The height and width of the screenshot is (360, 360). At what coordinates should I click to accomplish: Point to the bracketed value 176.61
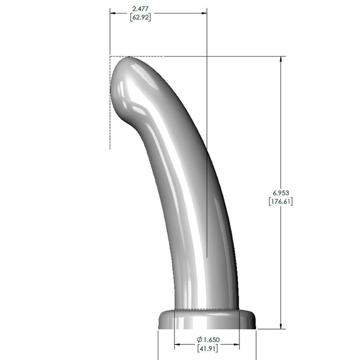point(281,201)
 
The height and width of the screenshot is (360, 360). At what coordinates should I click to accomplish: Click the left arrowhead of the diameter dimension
point(178,344)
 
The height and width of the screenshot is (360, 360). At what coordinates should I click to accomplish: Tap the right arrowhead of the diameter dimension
point(237,344)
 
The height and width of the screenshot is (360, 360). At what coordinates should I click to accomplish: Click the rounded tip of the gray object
point(126,69)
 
